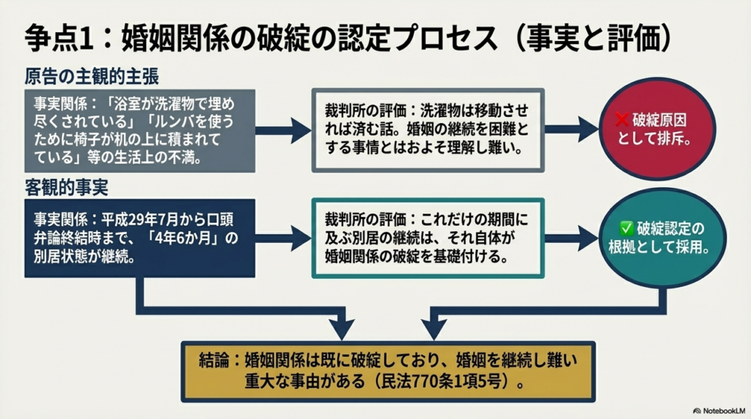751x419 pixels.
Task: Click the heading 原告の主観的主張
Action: pyautogui.click(x=92, y=76)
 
